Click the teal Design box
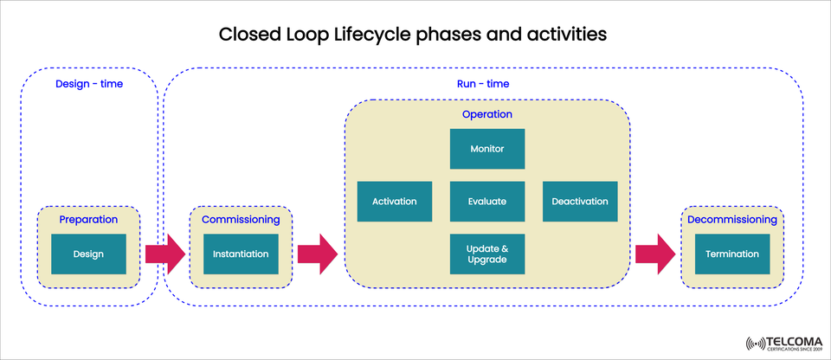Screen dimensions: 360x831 pos(88,254)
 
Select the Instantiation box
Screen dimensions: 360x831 pos(242,254)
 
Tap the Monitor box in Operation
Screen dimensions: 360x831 pos(486,149)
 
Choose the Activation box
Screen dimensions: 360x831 pos(394,202)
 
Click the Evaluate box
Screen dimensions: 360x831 pos(486,202)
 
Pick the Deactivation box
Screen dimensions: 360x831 pos(579,202)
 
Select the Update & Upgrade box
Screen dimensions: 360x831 pos(486,254)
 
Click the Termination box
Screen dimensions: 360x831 pos(731,254)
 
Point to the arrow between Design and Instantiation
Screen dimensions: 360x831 pos(164,254)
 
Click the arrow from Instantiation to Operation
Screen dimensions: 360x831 pos(318,254)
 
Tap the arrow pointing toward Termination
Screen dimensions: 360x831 pos(655,254)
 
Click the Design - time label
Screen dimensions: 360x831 pos(89,84)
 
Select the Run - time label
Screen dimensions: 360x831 pos(482,84)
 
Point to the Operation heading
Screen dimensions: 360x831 pos(486,114)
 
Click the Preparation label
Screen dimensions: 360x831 pos(88,220)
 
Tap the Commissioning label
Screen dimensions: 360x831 pos(242,220)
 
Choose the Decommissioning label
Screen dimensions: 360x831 pos(731,220)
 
